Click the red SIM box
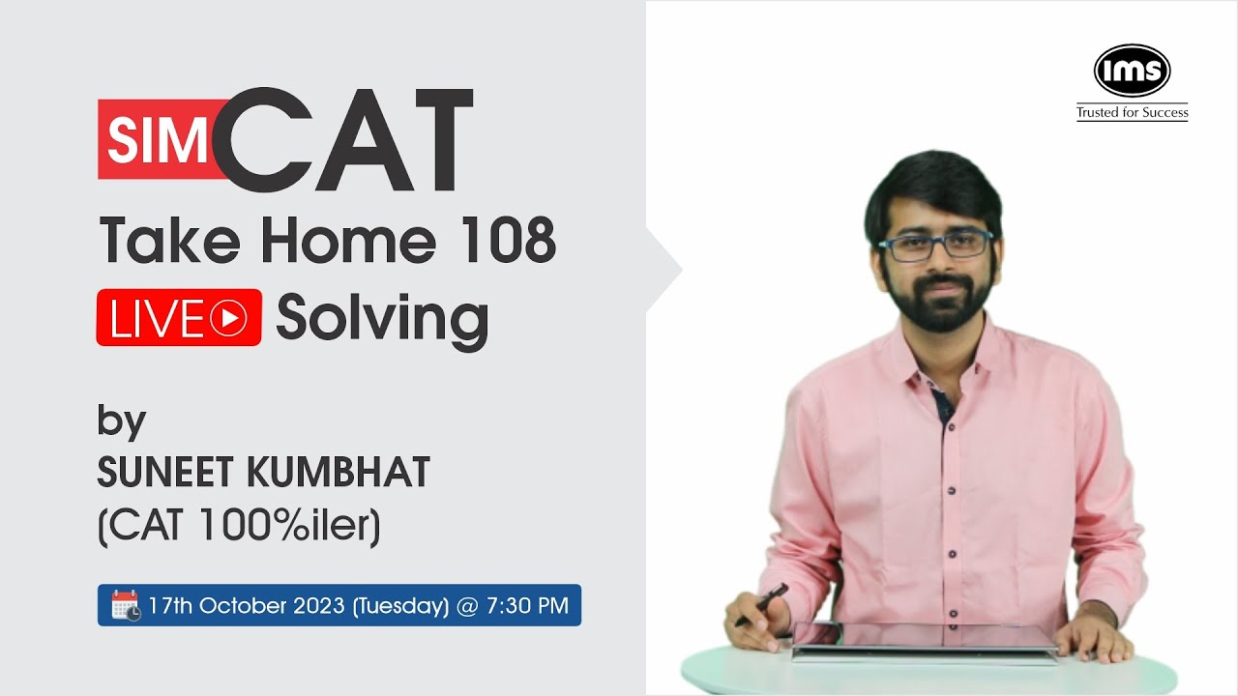(x=155, y=140)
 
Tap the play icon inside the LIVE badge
(x=228, y=318)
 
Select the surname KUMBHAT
(x=339, y=473)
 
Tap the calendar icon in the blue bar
(x=126, y=606)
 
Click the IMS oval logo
(x=1132, y=71)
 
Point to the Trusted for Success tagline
(x=1132, y=113)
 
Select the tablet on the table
(x=924, y=640)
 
